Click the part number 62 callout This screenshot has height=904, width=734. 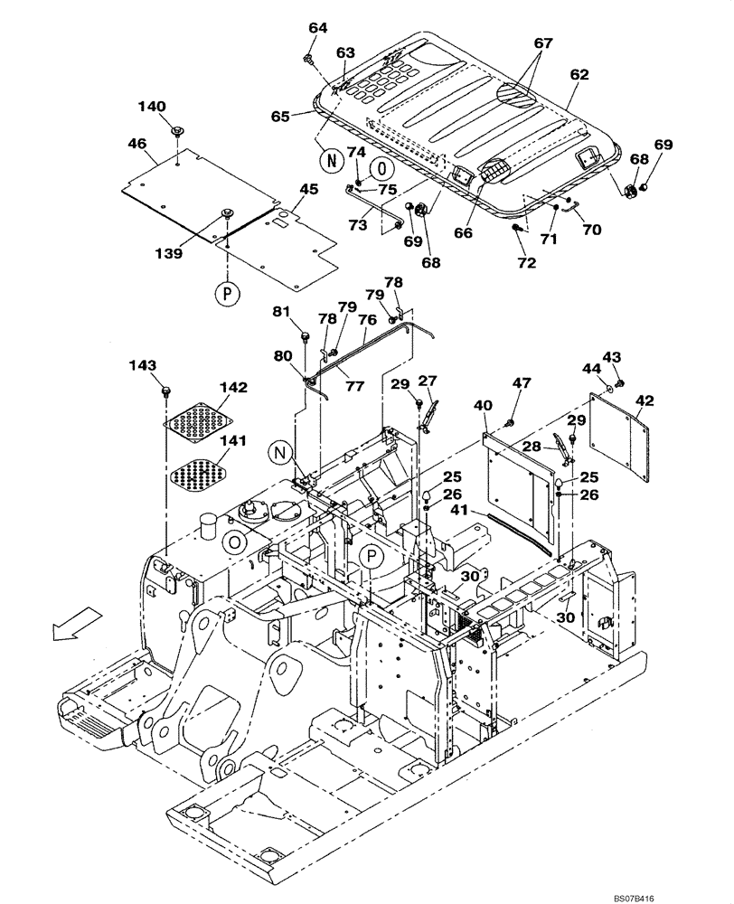[x=579, y=77]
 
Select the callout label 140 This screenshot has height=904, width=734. [x=152, y=107]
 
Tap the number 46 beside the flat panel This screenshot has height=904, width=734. [x=138, y=144]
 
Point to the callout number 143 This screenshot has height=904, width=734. [x=142, y=366]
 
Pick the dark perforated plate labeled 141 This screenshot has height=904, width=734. [x=197, y=472]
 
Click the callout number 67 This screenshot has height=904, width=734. [x=542, y=43]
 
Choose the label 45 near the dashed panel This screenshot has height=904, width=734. [x=309, y=189]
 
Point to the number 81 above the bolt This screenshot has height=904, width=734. [x=283, y=313]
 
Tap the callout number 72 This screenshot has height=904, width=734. [x=526, y=262]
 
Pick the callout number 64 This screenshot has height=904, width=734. [x=318, y=28]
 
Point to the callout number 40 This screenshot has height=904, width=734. [x=484, y=405]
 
